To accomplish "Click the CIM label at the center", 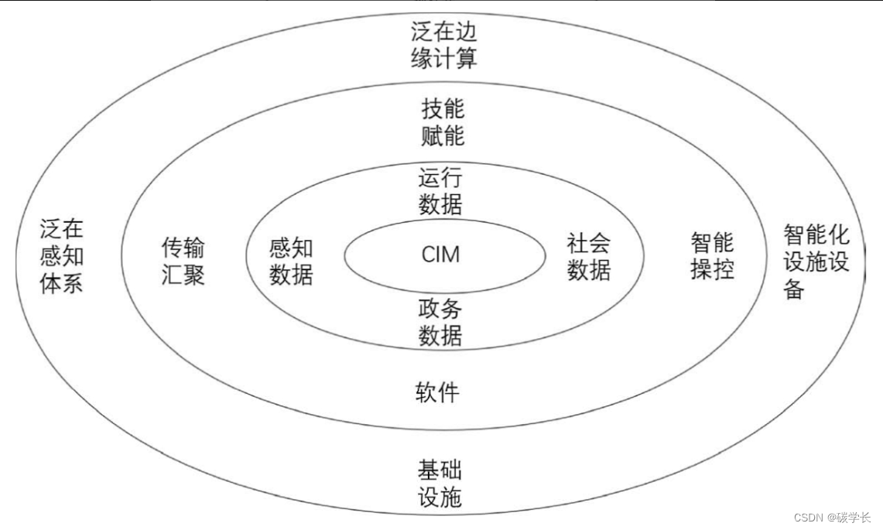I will tap(440, 254).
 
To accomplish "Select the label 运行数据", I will tap(440, 191).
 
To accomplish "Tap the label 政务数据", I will tap(440, 323).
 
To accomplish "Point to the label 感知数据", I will tap(291, 261).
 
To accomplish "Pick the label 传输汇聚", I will tap(183, 261).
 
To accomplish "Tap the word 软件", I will tap(437, 392).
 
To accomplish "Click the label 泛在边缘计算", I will tap(443, 45).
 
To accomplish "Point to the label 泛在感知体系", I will tap(62, 255).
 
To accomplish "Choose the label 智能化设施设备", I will tap(816, 261).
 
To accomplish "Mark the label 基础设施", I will tap(440, 484).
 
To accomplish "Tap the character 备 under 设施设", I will tap(794, 290).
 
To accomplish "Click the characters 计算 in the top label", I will tap(455, 58).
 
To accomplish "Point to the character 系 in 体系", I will tap(73, 283).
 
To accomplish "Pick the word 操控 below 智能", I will tap(712, 269).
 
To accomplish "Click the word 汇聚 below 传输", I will tap(183, 274).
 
